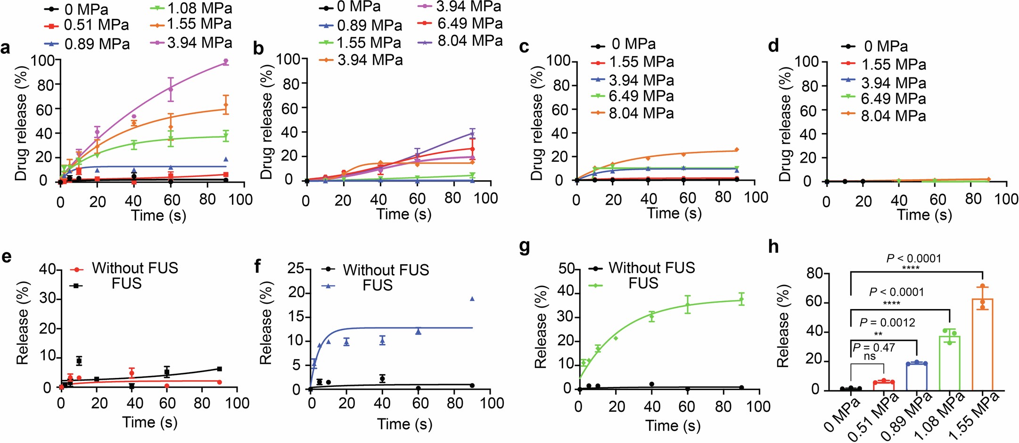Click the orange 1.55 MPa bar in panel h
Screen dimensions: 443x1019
pos(982,344)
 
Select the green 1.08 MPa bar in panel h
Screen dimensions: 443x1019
pos(950,363)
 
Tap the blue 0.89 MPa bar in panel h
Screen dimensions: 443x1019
pos(917,376)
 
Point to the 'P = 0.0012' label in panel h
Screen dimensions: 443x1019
pos(887,323)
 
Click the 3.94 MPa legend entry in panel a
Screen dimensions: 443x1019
pos(191,43)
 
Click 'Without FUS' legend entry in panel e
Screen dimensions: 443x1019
pos(125,268)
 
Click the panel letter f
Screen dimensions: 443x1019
pos(257,267)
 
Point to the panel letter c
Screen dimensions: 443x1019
pos(524,47)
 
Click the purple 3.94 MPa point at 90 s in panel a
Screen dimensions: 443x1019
pos(226,61)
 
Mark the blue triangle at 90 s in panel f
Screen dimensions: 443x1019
pos(472,299)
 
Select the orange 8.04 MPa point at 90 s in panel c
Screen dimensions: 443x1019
pos(737,150)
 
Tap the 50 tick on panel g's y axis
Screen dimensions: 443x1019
pos(566,269)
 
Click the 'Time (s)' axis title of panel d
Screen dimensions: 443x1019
pos(924,215)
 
